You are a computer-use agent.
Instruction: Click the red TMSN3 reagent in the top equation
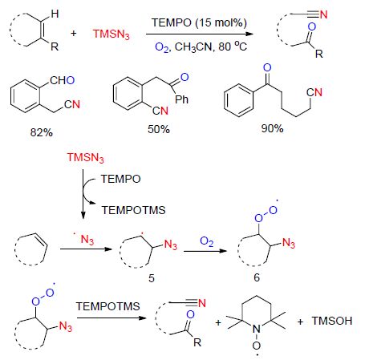(111, 34)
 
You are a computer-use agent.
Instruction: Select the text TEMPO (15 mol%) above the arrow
(199, 22)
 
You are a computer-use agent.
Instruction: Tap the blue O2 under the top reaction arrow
(162, 47)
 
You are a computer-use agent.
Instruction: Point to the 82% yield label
(42, 132)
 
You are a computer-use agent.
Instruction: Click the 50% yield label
(159, 129)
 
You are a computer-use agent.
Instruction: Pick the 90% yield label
(272, 128)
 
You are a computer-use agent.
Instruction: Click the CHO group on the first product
(62, 80)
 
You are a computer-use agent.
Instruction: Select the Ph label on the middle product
(181, 99)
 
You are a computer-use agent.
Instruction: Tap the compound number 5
(152, 278)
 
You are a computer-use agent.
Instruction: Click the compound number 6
(257, 277)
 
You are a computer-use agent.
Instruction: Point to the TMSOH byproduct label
(332, 321)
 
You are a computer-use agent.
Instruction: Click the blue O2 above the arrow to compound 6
(207, 241)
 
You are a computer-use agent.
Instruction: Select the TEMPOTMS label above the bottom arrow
(107, 306)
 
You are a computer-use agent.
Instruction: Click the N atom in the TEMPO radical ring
(257, 329)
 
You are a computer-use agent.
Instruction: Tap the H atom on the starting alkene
(55, 14)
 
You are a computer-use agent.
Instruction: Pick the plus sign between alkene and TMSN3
(74, 34)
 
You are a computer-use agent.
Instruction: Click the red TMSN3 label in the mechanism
(85, 157)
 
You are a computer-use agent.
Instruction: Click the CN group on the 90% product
(314, 92)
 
